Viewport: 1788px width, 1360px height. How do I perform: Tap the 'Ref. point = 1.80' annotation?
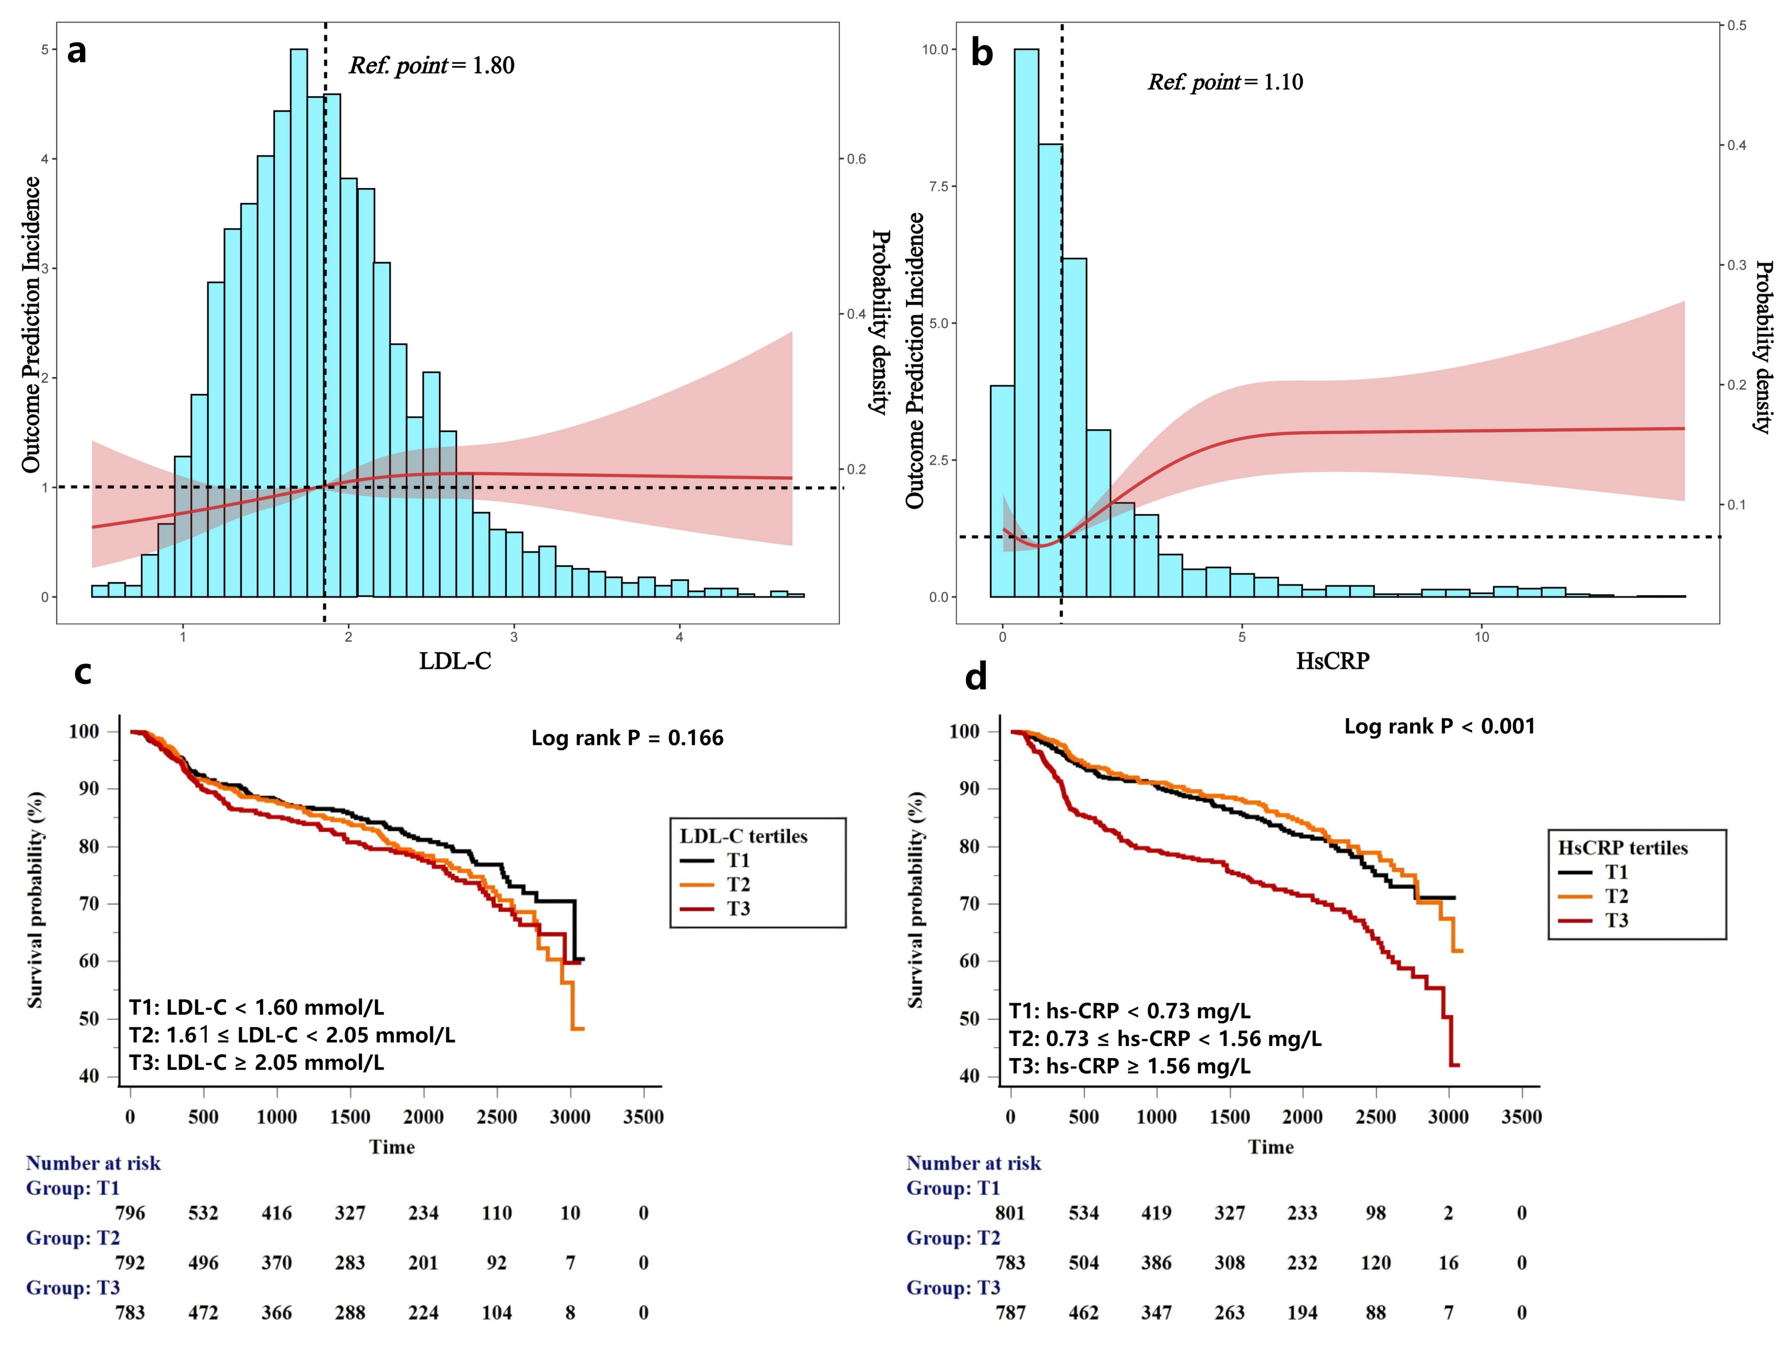tap(432, 65)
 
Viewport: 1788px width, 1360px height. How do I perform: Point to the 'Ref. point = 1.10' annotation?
tap(1225, 82)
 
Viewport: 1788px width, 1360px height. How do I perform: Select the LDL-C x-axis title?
tap(454, 661)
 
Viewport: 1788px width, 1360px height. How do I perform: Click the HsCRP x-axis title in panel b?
tap(1332, 661)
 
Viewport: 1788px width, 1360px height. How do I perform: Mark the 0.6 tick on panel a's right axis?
tap(856, 159)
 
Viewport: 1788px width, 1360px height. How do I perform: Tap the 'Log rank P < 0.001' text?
tap(1439, 726)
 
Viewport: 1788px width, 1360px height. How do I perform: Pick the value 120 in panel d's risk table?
tap(1375, 1263)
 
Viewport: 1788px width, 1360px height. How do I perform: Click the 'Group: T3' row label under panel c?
tap(73, 1288)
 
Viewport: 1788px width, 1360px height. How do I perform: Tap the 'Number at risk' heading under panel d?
tap(973, 1163)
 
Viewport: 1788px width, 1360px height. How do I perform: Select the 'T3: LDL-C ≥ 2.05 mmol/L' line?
tap(257, 1062)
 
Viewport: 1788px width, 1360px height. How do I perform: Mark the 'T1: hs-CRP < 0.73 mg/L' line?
tap(1130, 1011)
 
